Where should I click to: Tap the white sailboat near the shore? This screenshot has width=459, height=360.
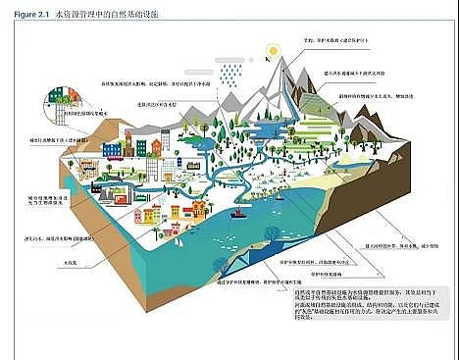pyautogui.click(x=235, y=215)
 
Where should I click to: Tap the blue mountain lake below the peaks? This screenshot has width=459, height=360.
pyautogui.click(x=245, y=128)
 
